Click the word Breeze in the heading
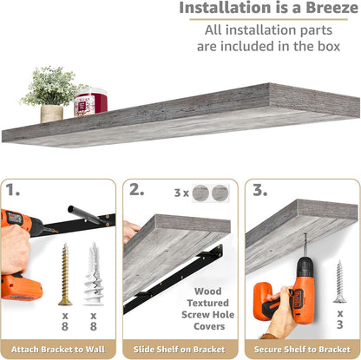pyautogui.click(x=331, y=8)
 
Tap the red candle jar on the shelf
pyautogui.click(x=90, y=102)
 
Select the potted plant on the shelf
pyautogui.click(x=52, y=94)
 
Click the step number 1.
pyautogui.click(x=13, y=190)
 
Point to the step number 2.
pyautogui.click(x=136, y=190)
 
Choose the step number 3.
pyautogui.click(x=260, y=190)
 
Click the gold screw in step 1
pyautogui.click(x=65, y=274)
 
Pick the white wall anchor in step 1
pyautogui.click(x=94, y=273)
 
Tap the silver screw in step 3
pyautogui.click(x=339, y=281)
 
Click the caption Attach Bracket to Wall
pyautogui.click(x=58, y=350)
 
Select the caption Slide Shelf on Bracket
pyautogui.click(x=180, y=350)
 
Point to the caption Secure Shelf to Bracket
pyautogui.click(x=302, y=350)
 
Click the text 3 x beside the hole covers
pyautogui.click(x=181, y=193)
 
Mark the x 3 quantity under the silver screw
pyautogui.click(x=340, y=319)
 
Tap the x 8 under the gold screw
pyautogui.click(x=65, y=321)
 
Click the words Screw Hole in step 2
pyautogui.click(x=208, y=315)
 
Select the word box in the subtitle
pyautogui.click(x=328, y=46)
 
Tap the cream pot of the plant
pyautogui.click(x=52, y=114)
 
